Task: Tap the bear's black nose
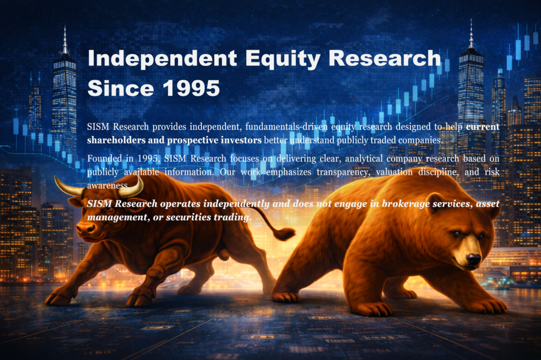(x=473, y=259)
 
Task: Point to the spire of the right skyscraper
(x=470, y=34)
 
